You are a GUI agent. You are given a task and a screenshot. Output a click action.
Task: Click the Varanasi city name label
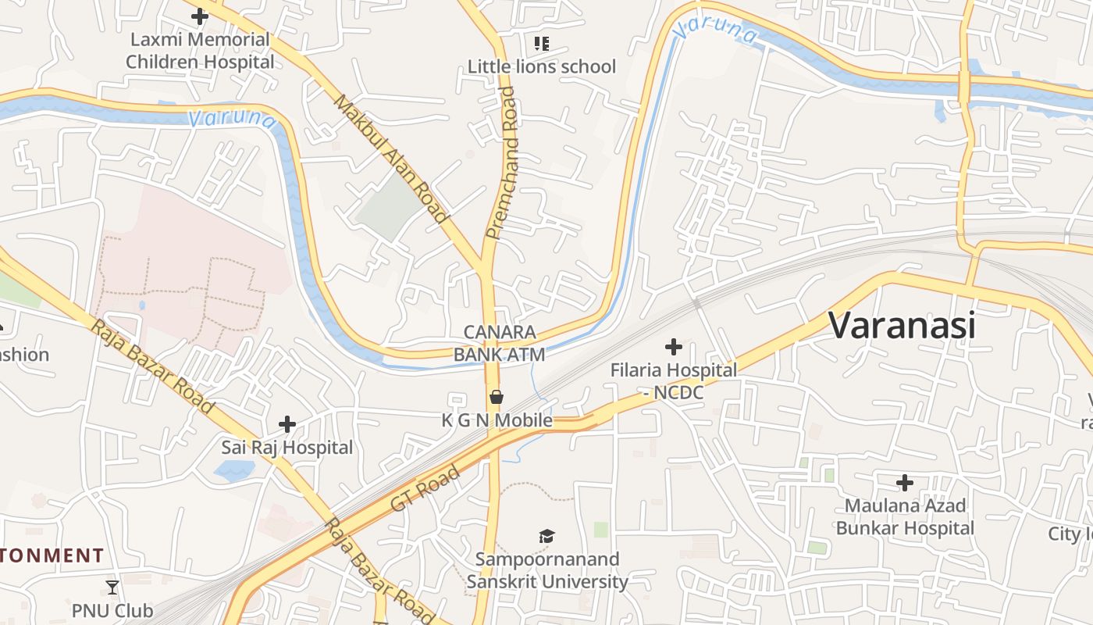click(902, 325)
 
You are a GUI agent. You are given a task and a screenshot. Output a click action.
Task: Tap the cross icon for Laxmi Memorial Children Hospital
click(200, 16)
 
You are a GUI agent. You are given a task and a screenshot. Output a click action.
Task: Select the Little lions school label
click(541, 66)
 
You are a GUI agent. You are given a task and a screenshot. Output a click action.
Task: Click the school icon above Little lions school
click(541, 43)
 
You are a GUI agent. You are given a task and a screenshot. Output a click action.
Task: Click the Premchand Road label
click(501, 162)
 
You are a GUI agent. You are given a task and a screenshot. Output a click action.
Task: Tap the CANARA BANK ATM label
click(499, 343)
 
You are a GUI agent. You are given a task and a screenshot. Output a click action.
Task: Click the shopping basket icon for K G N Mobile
click(497, 397)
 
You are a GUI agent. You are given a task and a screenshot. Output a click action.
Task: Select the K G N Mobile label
click(497, 420)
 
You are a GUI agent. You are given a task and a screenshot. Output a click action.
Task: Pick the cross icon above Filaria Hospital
click(673, 346)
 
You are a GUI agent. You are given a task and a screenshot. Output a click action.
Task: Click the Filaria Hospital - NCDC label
click(673, 381)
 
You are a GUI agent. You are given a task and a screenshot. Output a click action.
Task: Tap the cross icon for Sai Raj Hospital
click(287, 424)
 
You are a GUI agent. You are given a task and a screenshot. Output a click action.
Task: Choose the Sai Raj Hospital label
click(287, 448)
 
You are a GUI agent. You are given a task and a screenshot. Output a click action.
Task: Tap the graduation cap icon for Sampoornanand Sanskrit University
click(546, 536)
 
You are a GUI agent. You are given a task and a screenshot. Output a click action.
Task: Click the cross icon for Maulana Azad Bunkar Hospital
click(905, 482)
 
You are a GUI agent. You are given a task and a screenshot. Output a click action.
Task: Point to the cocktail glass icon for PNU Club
click(112, 587)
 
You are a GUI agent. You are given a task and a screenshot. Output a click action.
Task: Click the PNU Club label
click(112, 610)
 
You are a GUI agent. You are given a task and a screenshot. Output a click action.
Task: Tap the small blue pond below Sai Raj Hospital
click(234, 470)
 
